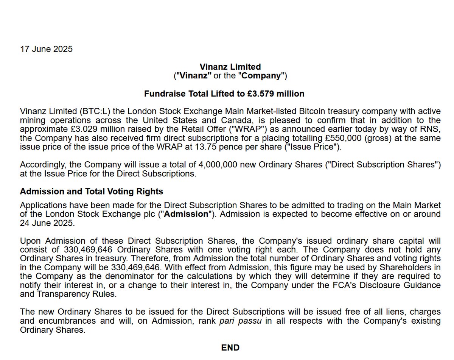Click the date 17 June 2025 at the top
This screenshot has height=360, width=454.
46,49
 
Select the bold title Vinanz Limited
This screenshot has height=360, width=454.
230,67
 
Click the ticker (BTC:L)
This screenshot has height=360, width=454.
93,112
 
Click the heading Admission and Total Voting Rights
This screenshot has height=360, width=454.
92,192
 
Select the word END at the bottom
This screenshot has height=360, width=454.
230,348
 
